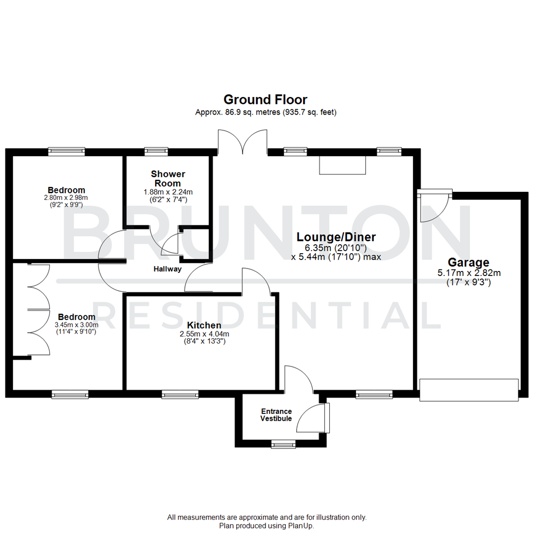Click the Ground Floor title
[x=266, y=99]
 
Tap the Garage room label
[x=468, y=263]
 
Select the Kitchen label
[x=204, y=325]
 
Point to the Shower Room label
[x=168, y=178]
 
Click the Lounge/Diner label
[x=336, y=237]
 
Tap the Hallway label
[x=167, y=269]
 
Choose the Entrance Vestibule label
[x=276, y=415]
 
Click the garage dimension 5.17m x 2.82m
[x=468, y=272]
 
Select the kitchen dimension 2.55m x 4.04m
[x=204, y=334]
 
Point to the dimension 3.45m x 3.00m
[x=76, y=325]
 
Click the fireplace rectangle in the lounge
[x=342, y=165]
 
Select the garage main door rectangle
[x=469, y=390]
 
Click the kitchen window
[x=180, y=394]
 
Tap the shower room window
[x=156, y=151]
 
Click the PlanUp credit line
[x=267, y=526]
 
